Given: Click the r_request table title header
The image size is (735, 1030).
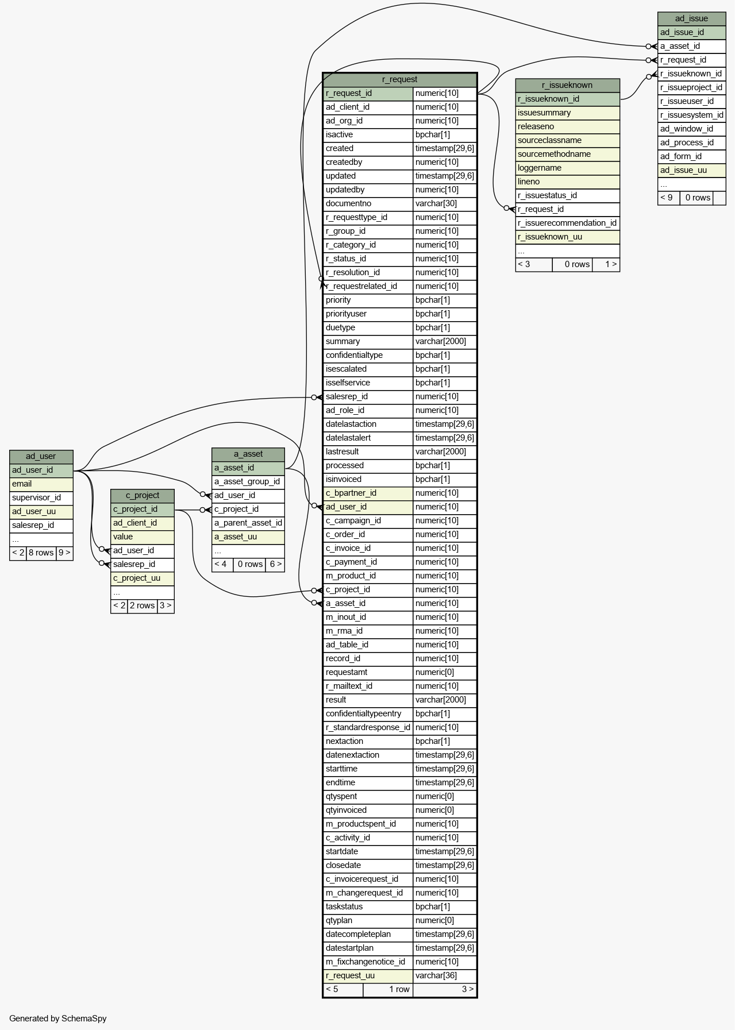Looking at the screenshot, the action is [399, 79].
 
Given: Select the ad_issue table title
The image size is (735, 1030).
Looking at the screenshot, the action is [691, 18].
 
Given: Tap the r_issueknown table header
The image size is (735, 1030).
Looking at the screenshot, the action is [567, 85].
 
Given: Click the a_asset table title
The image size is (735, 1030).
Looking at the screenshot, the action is [248, 454].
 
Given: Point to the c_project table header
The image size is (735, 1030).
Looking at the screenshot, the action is [142, 495].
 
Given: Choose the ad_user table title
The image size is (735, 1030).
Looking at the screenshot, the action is [41, 456].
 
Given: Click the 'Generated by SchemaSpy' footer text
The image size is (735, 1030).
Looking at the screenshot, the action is [58, 1019].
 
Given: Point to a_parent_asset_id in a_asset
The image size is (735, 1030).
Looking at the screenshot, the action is [248, 523].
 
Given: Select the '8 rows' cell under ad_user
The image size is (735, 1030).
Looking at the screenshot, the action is [41, 553].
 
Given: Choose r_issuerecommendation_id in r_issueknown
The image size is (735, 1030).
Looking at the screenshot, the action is [567, 223].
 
